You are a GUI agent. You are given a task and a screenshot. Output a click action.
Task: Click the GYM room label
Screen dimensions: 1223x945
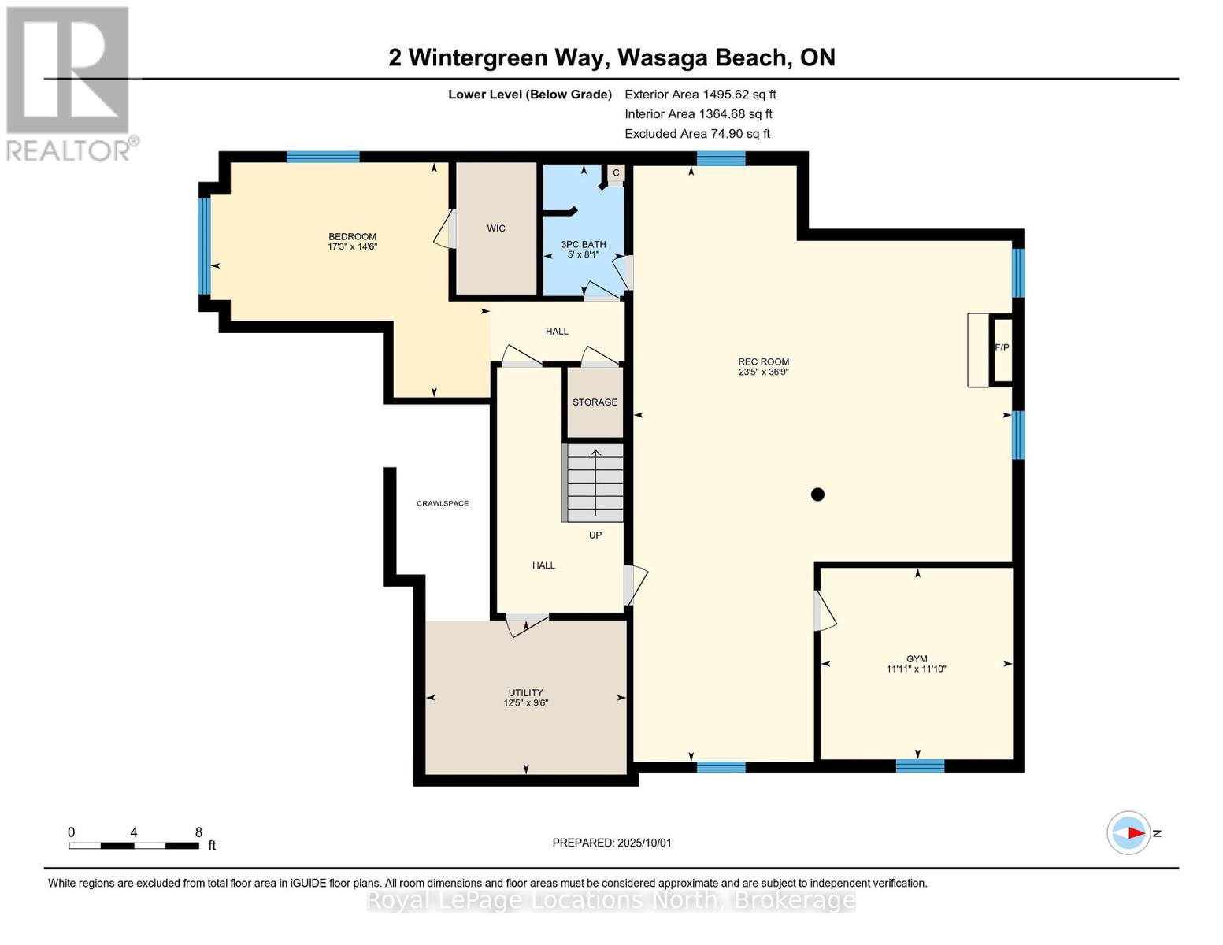(x=916, y=658)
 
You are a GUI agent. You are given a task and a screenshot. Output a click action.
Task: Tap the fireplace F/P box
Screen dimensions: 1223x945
(x=1002, y=350)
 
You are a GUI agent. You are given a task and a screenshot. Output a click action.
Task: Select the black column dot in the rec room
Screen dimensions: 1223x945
(x=817, y=495)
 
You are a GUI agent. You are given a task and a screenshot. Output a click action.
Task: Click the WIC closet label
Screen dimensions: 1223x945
(x=496, y=228)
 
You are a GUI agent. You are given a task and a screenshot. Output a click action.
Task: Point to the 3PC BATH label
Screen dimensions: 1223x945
(x=584, y=244)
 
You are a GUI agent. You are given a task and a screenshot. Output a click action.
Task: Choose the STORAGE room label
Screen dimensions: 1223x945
(x=595, y=402)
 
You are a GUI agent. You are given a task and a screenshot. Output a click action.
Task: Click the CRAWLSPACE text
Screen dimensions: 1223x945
(x=443, y=503)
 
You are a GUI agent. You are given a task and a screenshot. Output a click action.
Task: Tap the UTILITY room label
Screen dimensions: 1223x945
(x=526, y=692)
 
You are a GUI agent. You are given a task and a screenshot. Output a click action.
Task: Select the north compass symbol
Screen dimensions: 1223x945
(x=1128, y=833)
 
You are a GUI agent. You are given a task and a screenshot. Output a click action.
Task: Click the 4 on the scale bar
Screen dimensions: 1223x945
(x=133, y=832)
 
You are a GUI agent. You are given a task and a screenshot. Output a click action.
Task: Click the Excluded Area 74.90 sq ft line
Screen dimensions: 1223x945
(x=697, y=133)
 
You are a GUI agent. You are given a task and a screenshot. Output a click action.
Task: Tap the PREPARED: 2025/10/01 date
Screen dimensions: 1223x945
(x=612, y=843)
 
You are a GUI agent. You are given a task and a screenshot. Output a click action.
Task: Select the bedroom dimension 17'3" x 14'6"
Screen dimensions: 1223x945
(x=352, y=246)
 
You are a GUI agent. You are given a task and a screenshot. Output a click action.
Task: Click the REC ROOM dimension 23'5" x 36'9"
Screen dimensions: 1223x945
(x=764, y=372)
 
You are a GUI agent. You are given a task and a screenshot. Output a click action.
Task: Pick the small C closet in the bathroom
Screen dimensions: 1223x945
(x=617, y=172)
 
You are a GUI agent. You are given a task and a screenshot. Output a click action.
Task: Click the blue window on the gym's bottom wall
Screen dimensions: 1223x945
(x=921, y=765)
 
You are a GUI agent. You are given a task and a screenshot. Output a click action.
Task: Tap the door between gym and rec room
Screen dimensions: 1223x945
(x=825, y=610)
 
